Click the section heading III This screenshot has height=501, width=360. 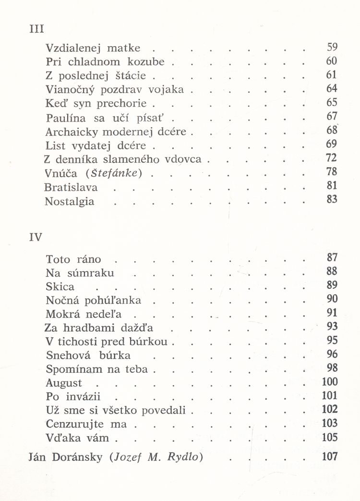pyautogui.click(x=36, y=28)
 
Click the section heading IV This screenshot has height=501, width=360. pyautogui.click(x=36, y=237)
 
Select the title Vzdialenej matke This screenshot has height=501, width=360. pyautogui.click(x=93, y=48)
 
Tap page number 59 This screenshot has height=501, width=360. pyautogui.click(x=332, y=47)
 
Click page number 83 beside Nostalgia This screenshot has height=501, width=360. pyautogui.click(x=332, y=198)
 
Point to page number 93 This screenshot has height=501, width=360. pyautogui.click(x=332, y=327)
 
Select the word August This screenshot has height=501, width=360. pyautogui.click(x=64, y=383)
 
